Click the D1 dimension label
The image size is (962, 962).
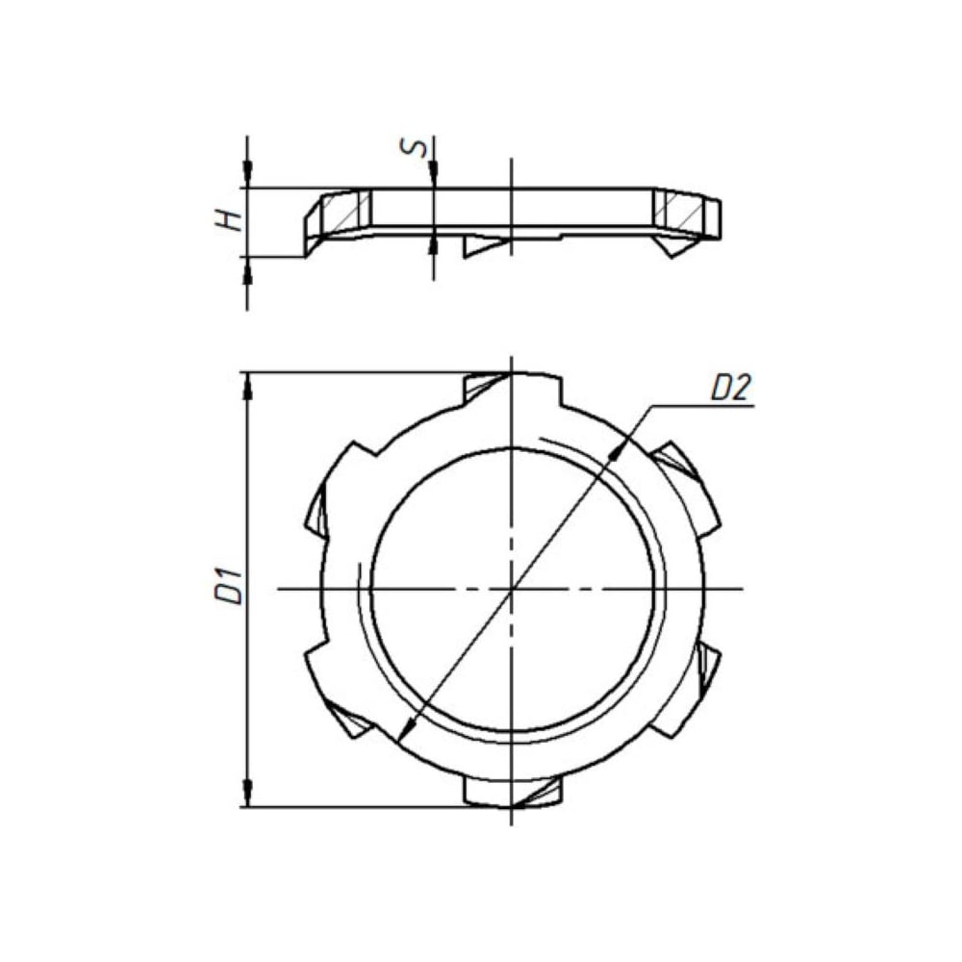[x=228, y=586]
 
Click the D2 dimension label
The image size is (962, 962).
[x=731, y=389]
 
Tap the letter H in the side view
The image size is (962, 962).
[x=228, y=221]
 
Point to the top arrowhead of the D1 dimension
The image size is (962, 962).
[x=248, y=386]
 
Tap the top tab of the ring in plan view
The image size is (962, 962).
[x=513, y=389]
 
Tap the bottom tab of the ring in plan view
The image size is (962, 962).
[x=513, y=792]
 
